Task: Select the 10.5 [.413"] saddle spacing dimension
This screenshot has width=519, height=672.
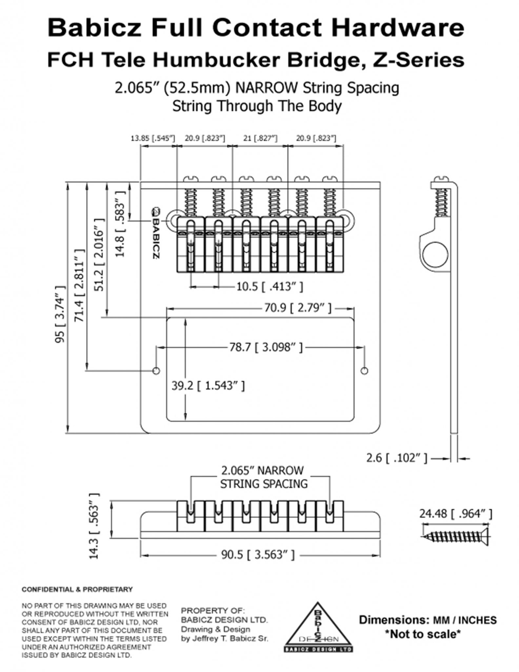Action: [269, 286]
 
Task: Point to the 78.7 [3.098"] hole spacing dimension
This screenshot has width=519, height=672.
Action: [266, 347]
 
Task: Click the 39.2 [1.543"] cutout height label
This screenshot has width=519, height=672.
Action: [208, 386]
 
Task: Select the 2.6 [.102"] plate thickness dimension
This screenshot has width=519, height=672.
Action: [397, 458]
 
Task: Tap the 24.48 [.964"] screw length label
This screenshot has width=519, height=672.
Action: [455, 514]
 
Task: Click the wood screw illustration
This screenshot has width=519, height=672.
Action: [455, 536]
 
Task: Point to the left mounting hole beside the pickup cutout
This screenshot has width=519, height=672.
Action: [156, 371]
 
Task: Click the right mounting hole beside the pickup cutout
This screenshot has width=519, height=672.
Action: [364, 371]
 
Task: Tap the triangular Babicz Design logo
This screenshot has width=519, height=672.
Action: [318, 627]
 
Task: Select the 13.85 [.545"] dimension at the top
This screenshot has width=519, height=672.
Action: [153, 138]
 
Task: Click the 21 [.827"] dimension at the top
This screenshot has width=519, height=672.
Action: [261, 138]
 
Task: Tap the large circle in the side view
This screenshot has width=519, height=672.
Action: [435, 255]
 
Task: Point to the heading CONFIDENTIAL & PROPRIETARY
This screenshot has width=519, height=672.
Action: [77, 589]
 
